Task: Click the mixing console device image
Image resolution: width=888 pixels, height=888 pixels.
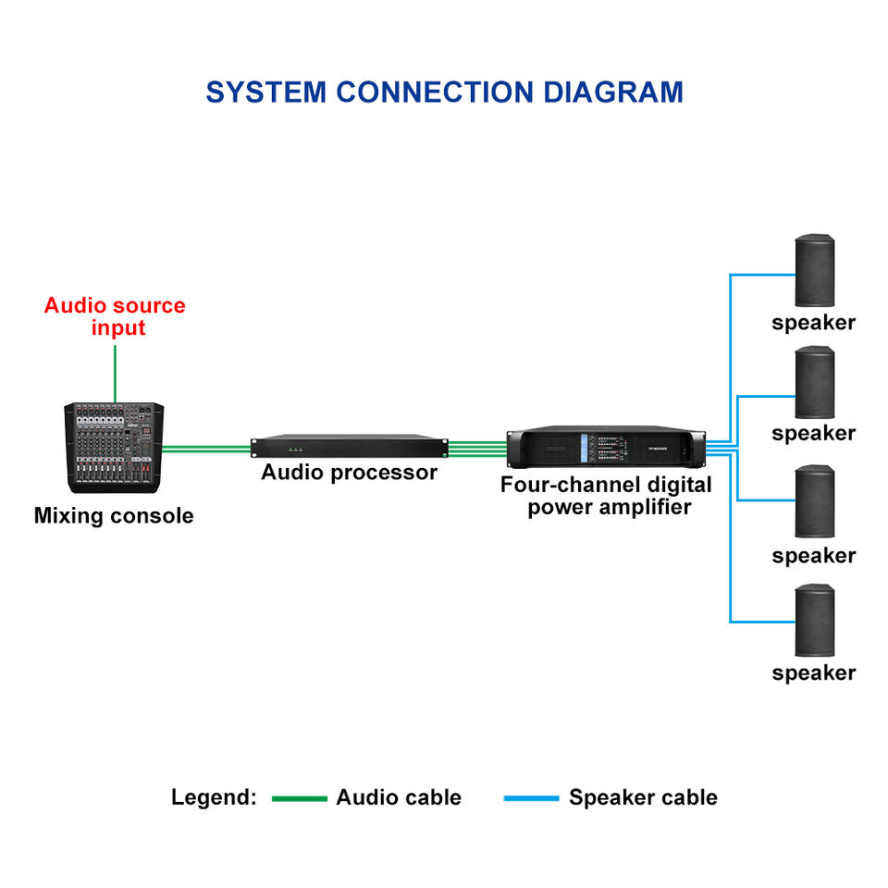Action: [x=113, y=448]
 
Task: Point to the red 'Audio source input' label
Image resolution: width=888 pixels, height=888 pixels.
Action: [x=115, y=316]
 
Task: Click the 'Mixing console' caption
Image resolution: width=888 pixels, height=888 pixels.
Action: [x=114, y=516]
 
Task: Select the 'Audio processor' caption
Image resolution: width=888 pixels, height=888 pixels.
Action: [x=349, y=473]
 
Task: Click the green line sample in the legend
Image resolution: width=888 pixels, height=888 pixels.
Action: [x=300, y=798]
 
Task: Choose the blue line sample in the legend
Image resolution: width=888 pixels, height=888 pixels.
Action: [x=531, y=798]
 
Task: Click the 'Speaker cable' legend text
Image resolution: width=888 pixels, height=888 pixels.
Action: [x=643, y=798]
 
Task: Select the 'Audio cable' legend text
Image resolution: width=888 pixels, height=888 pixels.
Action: [x=399, y=798]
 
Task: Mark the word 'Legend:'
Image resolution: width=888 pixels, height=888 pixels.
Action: [x=214, y=798]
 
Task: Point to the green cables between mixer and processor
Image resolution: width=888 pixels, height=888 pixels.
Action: [x=206, y=450]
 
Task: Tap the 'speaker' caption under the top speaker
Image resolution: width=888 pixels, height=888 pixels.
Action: [x=814, y=323]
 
